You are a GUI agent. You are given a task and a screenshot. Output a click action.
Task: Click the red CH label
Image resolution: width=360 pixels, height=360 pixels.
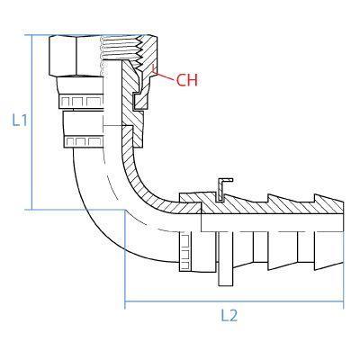pyautogui.click(x=187, y=80)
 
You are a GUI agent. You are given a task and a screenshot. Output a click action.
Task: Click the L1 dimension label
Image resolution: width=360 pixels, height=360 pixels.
pyautogui.click(x=20, y=120)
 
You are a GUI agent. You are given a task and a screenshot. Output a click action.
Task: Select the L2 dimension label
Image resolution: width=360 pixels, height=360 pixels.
pyautogui.click(x=229, y=315)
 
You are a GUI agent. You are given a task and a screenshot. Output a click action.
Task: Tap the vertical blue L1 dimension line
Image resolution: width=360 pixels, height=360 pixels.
pyautogui.click(x=31, y=122)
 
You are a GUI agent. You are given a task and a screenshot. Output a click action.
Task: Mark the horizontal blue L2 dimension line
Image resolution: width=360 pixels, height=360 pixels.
pyautogui.click(x=234, y=301)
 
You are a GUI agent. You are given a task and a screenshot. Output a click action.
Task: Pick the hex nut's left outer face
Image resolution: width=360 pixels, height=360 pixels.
pyautogui.click(x=63, y=56)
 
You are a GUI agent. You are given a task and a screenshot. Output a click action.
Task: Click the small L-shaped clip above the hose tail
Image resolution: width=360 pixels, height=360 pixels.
pyautogui.click(x=223, y=189)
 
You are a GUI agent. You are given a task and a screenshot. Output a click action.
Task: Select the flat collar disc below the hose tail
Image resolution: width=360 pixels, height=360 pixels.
pyautogui.click(x=226, y=258)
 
